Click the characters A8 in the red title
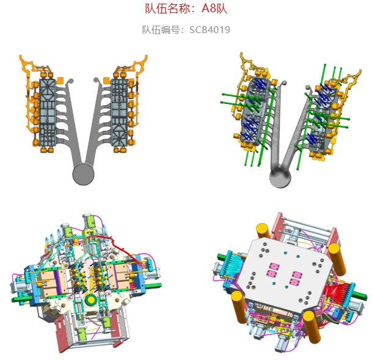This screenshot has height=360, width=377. tap(208, 9)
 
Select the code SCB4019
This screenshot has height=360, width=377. tap(210, 30)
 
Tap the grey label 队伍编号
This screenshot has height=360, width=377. tap(161, 30)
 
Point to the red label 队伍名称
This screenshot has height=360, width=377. tap(167, 9)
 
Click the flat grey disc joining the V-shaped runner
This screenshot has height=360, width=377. tap(83, 174)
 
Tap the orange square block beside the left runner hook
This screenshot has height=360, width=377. tap(60, 81)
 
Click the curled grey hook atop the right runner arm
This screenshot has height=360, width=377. tap(97, 82)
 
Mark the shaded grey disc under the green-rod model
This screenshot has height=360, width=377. tap(280, 177)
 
